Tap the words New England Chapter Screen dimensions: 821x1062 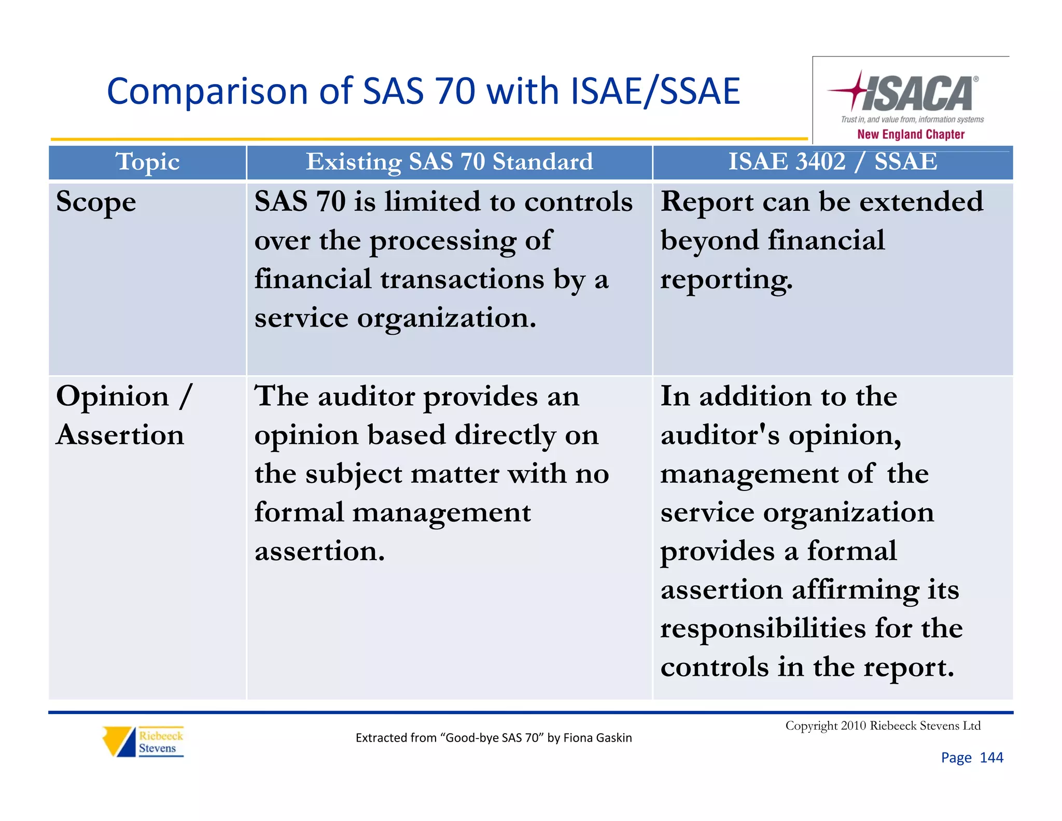pos(911,134)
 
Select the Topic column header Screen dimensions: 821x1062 pos(147,162)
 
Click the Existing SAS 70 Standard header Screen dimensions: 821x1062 pos(449,162)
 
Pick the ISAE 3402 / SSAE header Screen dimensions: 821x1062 pos(832,162)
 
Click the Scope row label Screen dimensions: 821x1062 pos(96,202)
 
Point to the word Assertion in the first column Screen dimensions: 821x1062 pos(120,435)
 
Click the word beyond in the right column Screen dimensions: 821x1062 pos(709,241)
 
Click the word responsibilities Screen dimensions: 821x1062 pos(763,628)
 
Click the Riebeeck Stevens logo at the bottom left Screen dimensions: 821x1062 pos(143,742)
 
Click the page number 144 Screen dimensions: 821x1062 pos(991,758)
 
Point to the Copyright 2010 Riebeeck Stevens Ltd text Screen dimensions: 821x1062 pos(883,726)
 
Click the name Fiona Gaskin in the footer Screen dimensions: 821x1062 pos(597,738)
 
